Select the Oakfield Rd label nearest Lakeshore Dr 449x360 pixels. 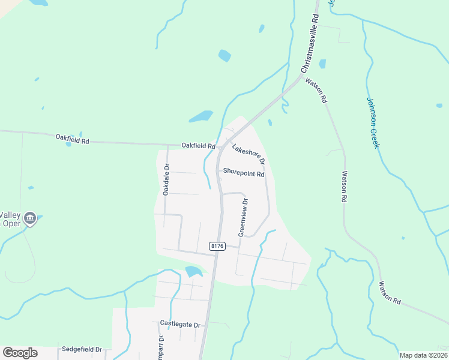[x=198, y=146]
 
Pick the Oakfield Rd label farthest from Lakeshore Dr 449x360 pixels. [x=72, y=139]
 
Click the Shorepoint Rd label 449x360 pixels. [x=243, y=173]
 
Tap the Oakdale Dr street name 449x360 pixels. [x=166, y=179]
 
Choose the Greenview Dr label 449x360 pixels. [x=244, y=218]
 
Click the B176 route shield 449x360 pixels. [x=217, y=246]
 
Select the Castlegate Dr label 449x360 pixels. [x=180, y=324]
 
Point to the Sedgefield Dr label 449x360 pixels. [x=82, y=349]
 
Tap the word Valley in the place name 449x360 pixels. [x=10, y=215]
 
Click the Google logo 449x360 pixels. [x=20, y=353]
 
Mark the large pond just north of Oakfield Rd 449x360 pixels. [x=201, y=116]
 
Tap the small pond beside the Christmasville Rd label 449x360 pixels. [x=322, y=64]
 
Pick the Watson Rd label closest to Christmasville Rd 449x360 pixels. [x=316, y=90]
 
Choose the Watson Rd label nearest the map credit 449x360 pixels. [x=390, y=293]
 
